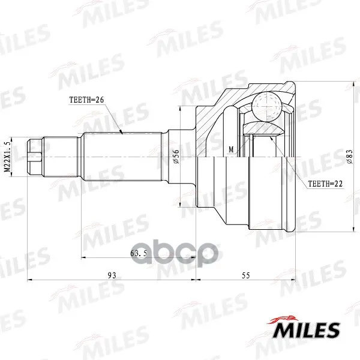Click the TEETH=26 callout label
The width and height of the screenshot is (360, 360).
86,100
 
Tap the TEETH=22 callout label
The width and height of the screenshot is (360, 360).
325,184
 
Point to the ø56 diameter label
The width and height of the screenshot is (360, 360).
176,157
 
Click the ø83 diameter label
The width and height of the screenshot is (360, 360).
349,157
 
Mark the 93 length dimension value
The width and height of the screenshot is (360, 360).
112,275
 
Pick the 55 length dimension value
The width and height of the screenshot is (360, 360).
245,275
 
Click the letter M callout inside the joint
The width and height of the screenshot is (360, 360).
231,149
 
